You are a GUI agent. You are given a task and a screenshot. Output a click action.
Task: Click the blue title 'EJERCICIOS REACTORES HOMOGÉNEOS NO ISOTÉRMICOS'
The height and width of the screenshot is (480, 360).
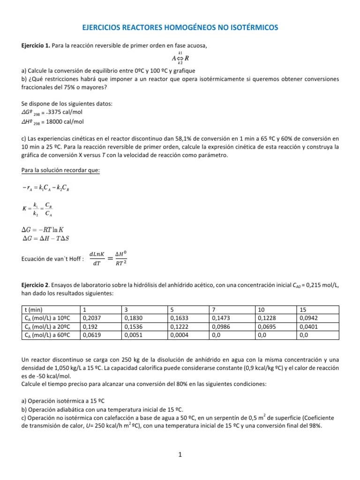(x=180, y=29)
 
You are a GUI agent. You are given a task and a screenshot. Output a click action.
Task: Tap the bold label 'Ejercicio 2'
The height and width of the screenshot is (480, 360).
(x=36, y=285)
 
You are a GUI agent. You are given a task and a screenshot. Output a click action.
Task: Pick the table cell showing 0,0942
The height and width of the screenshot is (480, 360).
(x=307, y=317)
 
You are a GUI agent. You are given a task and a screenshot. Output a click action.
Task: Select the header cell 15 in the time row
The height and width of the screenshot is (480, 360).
(x=302, y=310)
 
